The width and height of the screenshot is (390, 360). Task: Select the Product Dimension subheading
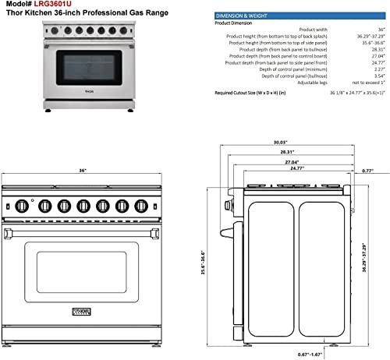235,22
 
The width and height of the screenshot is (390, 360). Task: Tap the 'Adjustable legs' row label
307,82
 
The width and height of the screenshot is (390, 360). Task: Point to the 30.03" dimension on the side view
269,164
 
